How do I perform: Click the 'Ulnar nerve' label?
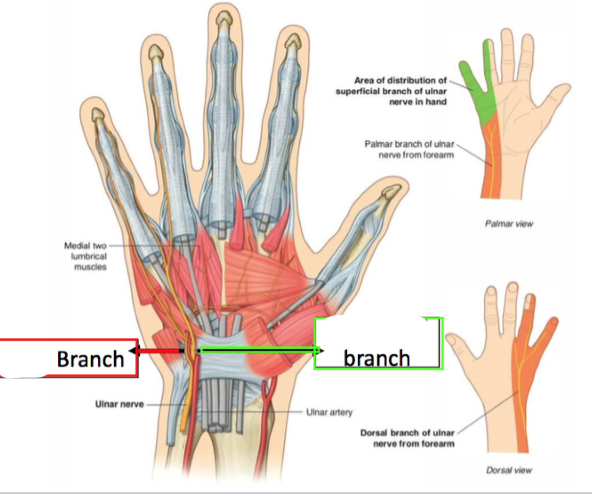point(119,404)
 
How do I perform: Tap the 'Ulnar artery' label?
point(329,412)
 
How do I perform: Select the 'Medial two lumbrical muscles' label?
point(85,256)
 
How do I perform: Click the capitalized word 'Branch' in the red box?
point(90,359)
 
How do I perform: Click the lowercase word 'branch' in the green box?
point(376,358)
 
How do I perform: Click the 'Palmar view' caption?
point(509,224)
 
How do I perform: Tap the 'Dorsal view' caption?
point(509,470)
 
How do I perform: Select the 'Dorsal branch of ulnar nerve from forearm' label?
point(407,438)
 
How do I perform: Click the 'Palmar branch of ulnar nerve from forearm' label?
point(409,149)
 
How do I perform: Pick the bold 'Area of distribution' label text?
point(391,91)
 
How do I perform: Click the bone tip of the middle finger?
point(223,20)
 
